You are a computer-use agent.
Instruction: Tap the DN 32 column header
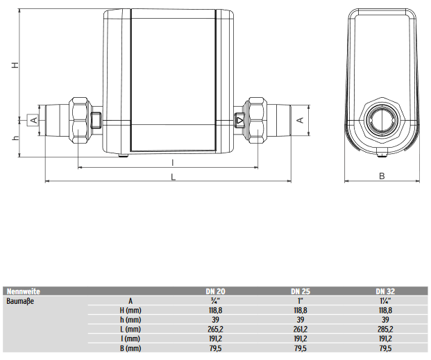click(386, 291)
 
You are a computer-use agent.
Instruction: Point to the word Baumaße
click(20, 301)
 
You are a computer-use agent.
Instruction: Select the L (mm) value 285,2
click(386, 329)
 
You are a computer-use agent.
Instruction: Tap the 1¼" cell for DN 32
click(386, 301)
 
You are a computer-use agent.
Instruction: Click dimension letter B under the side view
click(382, 175)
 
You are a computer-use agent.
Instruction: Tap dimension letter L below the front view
click(174, 176)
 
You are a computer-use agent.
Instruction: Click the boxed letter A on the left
click(33, 120)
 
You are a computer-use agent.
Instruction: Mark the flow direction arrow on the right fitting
click(240, 120)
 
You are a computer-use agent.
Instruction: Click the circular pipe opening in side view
click(382, 119)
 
